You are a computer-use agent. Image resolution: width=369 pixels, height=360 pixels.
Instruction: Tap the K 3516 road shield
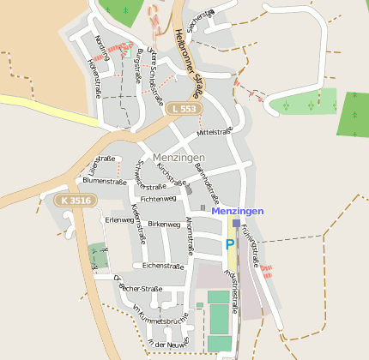[76, 201]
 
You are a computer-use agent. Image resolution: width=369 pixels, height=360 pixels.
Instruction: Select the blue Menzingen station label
[238, 210]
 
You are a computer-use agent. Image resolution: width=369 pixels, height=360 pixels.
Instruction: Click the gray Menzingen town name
[178, 158]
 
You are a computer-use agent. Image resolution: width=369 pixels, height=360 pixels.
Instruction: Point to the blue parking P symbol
[230, 245]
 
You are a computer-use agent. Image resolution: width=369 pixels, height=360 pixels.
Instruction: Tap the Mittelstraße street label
[215, 132]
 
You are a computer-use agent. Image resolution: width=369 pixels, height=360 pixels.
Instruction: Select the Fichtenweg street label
[158, 198]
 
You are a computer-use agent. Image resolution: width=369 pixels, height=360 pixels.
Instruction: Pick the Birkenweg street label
[164, 224]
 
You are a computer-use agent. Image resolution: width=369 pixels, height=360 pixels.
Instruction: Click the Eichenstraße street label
[164, 267]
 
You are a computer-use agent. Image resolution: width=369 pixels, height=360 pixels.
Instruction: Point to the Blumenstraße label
[105, 181]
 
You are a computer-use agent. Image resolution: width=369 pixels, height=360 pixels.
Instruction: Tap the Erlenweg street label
[119, 220]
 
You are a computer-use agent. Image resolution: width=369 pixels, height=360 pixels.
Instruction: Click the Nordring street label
[104, 46]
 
